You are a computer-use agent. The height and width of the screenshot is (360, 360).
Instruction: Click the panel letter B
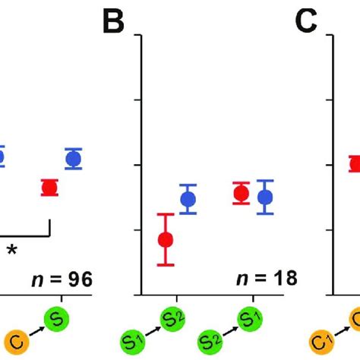pyautogui.click(x=113, y=24)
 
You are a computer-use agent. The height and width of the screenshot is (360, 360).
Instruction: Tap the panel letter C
pyautogui.click(x=306, y=24)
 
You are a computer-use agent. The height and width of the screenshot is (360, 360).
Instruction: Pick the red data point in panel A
pyautogui.click(x=49, y=188)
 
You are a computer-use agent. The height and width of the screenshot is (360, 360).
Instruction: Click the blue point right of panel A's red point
pyautogui.click(x=74, y=159)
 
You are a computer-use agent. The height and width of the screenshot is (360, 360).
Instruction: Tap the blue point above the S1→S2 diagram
pyautogui.click(x=188, y=200)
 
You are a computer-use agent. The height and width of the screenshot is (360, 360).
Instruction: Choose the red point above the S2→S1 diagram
pyautogui.click(x=242, y=194)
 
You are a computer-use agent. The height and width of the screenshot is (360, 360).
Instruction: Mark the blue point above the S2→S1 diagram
pyautogui.click(x=265, y=197)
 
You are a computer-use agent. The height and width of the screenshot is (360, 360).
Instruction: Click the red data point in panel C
pyautogui.click(x=354, y=163)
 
